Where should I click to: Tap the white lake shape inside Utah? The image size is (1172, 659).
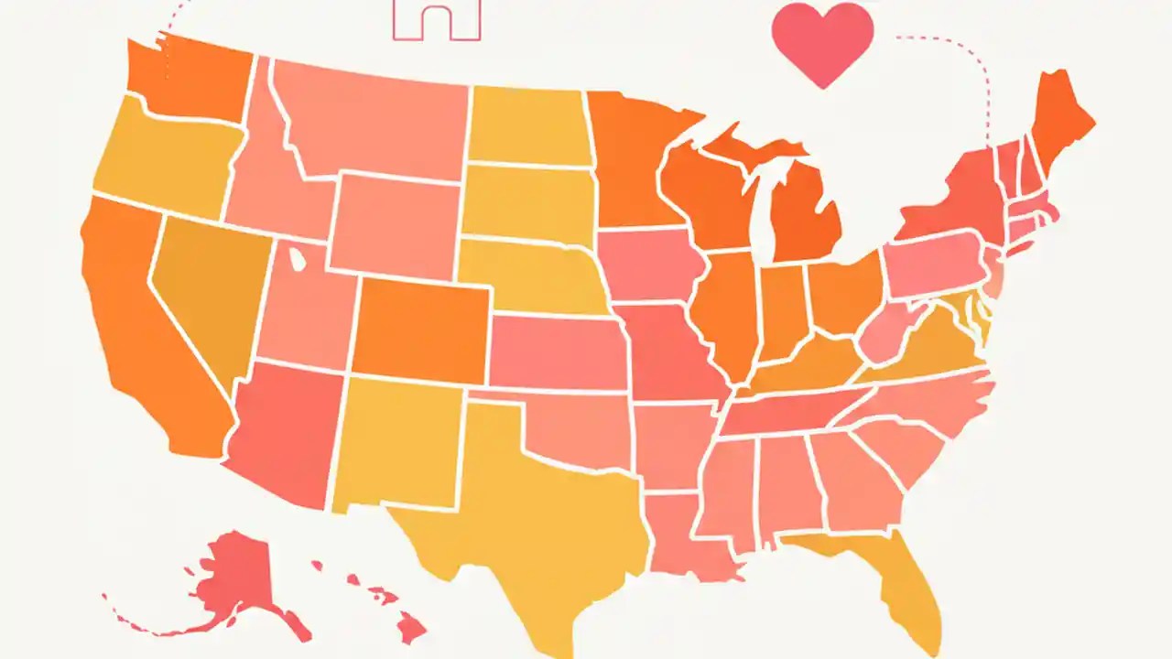click(x=298, y=259)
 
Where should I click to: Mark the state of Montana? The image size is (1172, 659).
click(x=375, y=119)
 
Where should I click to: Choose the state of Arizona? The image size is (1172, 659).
click(x=284, y=430)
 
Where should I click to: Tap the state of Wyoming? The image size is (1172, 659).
click(x=394, y=224)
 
